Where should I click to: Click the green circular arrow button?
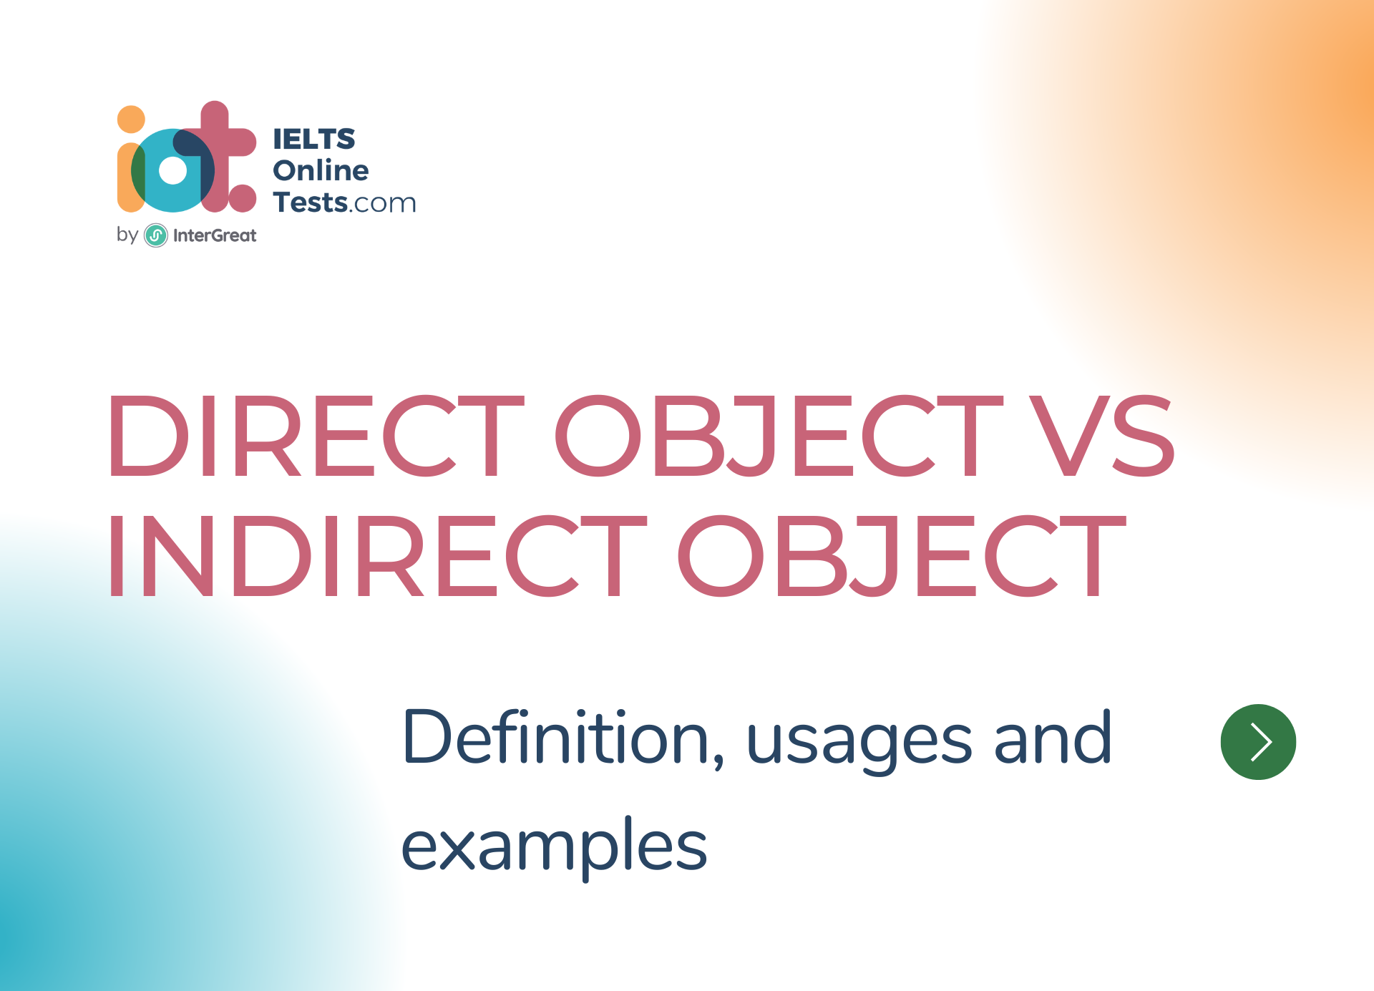(1258, 742)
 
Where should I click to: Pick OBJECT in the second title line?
(902, 556)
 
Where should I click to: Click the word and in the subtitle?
(1053, 738)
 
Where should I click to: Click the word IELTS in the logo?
(314, 139)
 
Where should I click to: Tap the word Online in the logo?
(321, 170)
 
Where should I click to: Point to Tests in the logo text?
(310, 202)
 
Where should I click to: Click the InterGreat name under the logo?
(214, 235)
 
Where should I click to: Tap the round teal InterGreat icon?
(156, 235)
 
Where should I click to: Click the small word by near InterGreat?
(127, 235)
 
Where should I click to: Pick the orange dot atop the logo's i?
(131, 119)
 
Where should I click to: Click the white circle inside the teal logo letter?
(172, 171)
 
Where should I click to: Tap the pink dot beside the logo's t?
(243, 198)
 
